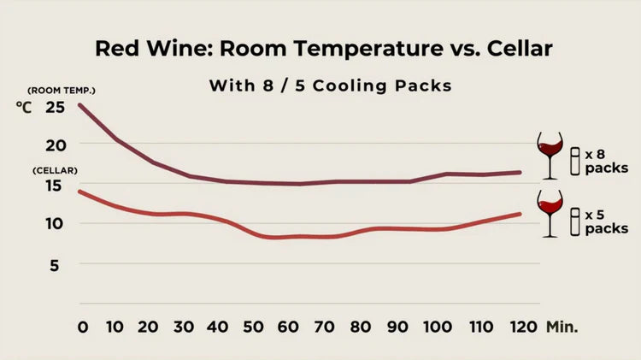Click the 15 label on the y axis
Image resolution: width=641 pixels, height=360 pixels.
click(55, 186)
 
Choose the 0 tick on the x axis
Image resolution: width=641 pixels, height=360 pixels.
click(83, 327)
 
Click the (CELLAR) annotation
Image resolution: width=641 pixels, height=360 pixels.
click(56, 171)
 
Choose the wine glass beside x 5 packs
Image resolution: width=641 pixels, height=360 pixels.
click(549, 213)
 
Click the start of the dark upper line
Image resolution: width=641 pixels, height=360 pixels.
click(79, 105)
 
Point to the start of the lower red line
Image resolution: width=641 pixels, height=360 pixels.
click(79, 192)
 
